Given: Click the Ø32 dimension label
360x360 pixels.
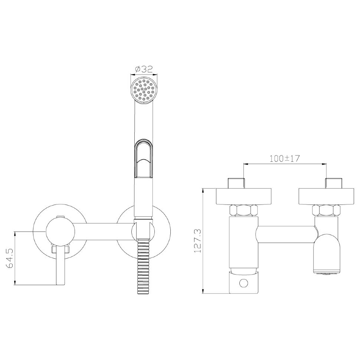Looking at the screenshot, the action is [144, 69].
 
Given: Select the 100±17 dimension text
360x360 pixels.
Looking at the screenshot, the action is [285, 158].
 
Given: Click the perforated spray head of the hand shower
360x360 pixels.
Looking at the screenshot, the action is [144, 90].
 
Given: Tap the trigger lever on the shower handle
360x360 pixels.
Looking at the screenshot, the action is [144, 158].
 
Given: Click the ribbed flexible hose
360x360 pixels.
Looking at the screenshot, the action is [144, 266].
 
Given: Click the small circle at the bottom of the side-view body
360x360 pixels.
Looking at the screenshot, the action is [243, 283].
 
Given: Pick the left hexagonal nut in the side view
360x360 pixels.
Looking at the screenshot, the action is [243, 210].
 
